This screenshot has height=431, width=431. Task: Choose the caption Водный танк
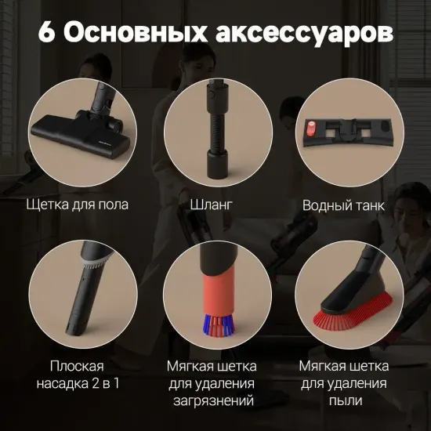tap(343, 205)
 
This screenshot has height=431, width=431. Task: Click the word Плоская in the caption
tap(76, 366)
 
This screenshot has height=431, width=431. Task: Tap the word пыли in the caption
tap(343, 400)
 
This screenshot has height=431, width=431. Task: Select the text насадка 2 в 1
tap(76, 383)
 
